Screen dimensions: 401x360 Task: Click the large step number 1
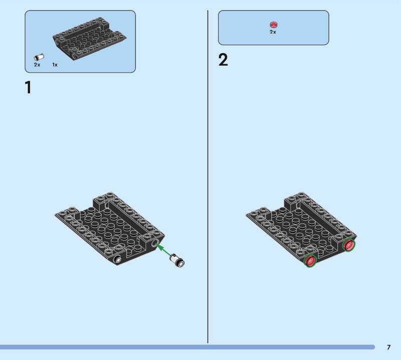[x=28, y=88]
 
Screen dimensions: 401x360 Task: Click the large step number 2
[x=223, y=60]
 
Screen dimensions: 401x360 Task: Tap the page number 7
[x=389, y=347]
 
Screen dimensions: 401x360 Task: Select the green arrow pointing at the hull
[x=164, y=250]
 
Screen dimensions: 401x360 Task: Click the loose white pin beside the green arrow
[x=177, y=260]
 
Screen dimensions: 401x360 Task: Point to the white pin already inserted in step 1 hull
[x=118, y=260]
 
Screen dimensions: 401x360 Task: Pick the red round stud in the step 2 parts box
[x=273, y=25]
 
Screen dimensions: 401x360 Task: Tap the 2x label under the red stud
[x=273, y=32]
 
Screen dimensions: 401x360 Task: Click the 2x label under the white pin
[x=37, y=65]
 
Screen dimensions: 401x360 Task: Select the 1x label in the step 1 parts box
[x=55, y=65]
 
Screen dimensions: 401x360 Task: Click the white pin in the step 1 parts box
[x=39, y=57]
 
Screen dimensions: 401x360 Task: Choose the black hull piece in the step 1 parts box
[x=90, y=39]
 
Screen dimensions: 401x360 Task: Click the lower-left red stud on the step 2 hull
[x=310, y=261]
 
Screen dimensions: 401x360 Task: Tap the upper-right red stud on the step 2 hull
[x=349, y=245]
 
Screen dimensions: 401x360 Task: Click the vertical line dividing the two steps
[x=208, y=176]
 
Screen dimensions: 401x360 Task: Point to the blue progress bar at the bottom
[x=187, y=347]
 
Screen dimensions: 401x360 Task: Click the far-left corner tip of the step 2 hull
[x=246, y=215]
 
